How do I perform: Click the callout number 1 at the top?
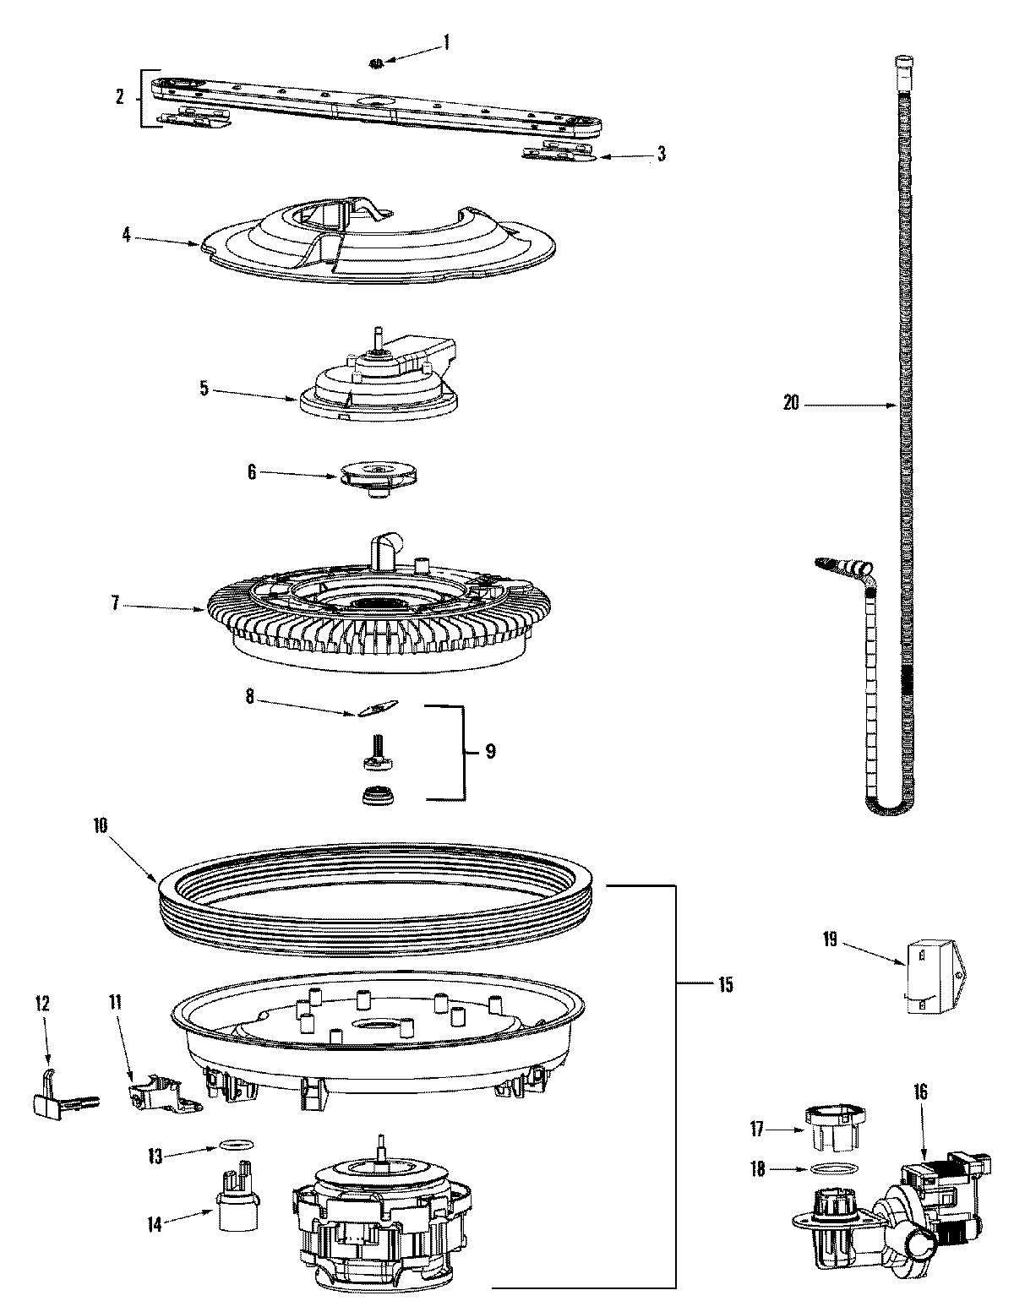coord(447,41)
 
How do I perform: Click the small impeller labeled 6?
coord(380,476)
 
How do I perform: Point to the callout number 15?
coord(726,984)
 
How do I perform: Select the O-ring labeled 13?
coord(237,1144)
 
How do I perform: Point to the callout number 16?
coord(920,1092)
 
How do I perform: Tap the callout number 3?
coord(662,154)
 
